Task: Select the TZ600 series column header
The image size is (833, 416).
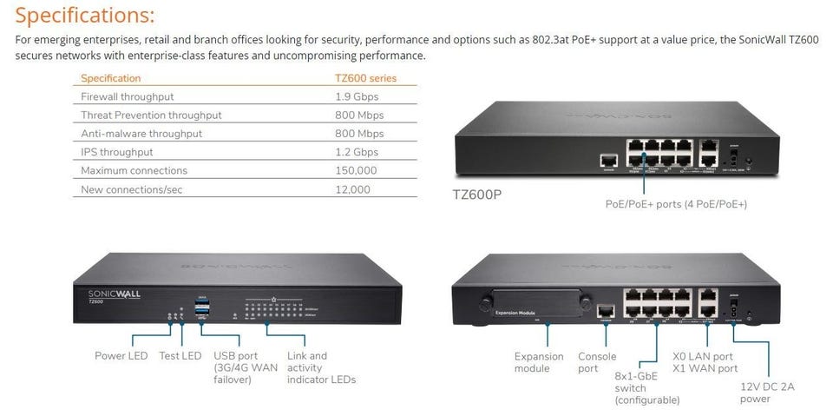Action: click(365, 78)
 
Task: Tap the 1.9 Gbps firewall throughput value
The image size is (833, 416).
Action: click(357, 96)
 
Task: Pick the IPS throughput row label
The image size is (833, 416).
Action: click(117, 152)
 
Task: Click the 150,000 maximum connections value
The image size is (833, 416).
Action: click(356, 170)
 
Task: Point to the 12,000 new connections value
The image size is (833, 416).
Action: click(352, 188)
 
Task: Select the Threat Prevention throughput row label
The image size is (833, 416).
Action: click(151, 115)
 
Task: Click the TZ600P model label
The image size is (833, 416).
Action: click(477, 195)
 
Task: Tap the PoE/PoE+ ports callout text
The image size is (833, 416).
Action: click(676, 204)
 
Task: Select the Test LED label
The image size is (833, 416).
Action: click(180, 356)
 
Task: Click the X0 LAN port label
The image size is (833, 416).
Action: click(703, 356)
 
